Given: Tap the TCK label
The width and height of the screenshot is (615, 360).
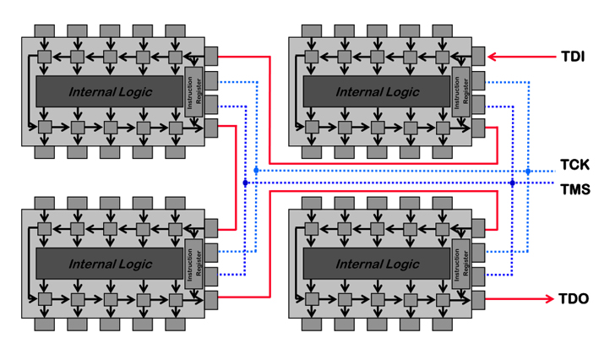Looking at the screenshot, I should (x=574, y=165).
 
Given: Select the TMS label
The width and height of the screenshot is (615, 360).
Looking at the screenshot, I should (x=574, y=189).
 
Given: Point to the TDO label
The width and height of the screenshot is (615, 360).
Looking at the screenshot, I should (x=574, y=299).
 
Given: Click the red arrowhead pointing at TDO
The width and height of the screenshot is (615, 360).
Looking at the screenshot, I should (x=546, y=299).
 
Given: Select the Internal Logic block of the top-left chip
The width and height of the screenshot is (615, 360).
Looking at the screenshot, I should (x=110, y=92).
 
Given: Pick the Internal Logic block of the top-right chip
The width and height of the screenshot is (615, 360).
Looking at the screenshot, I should (x=377, y=92).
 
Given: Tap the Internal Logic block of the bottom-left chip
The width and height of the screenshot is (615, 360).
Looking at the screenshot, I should (x=110, y=264).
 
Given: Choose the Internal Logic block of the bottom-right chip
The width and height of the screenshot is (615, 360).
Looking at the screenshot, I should (x=377, y=264).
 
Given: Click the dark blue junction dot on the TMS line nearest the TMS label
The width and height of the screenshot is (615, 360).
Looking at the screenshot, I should (x=513, y=183).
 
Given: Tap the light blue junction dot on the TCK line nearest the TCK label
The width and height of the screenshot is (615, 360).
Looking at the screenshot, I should (x=528, y=171).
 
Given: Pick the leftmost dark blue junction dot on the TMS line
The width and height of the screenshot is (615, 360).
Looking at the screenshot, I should (x=245, y=183).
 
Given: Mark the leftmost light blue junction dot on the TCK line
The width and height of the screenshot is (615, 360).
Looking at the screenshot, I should (x=256, y=171).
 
